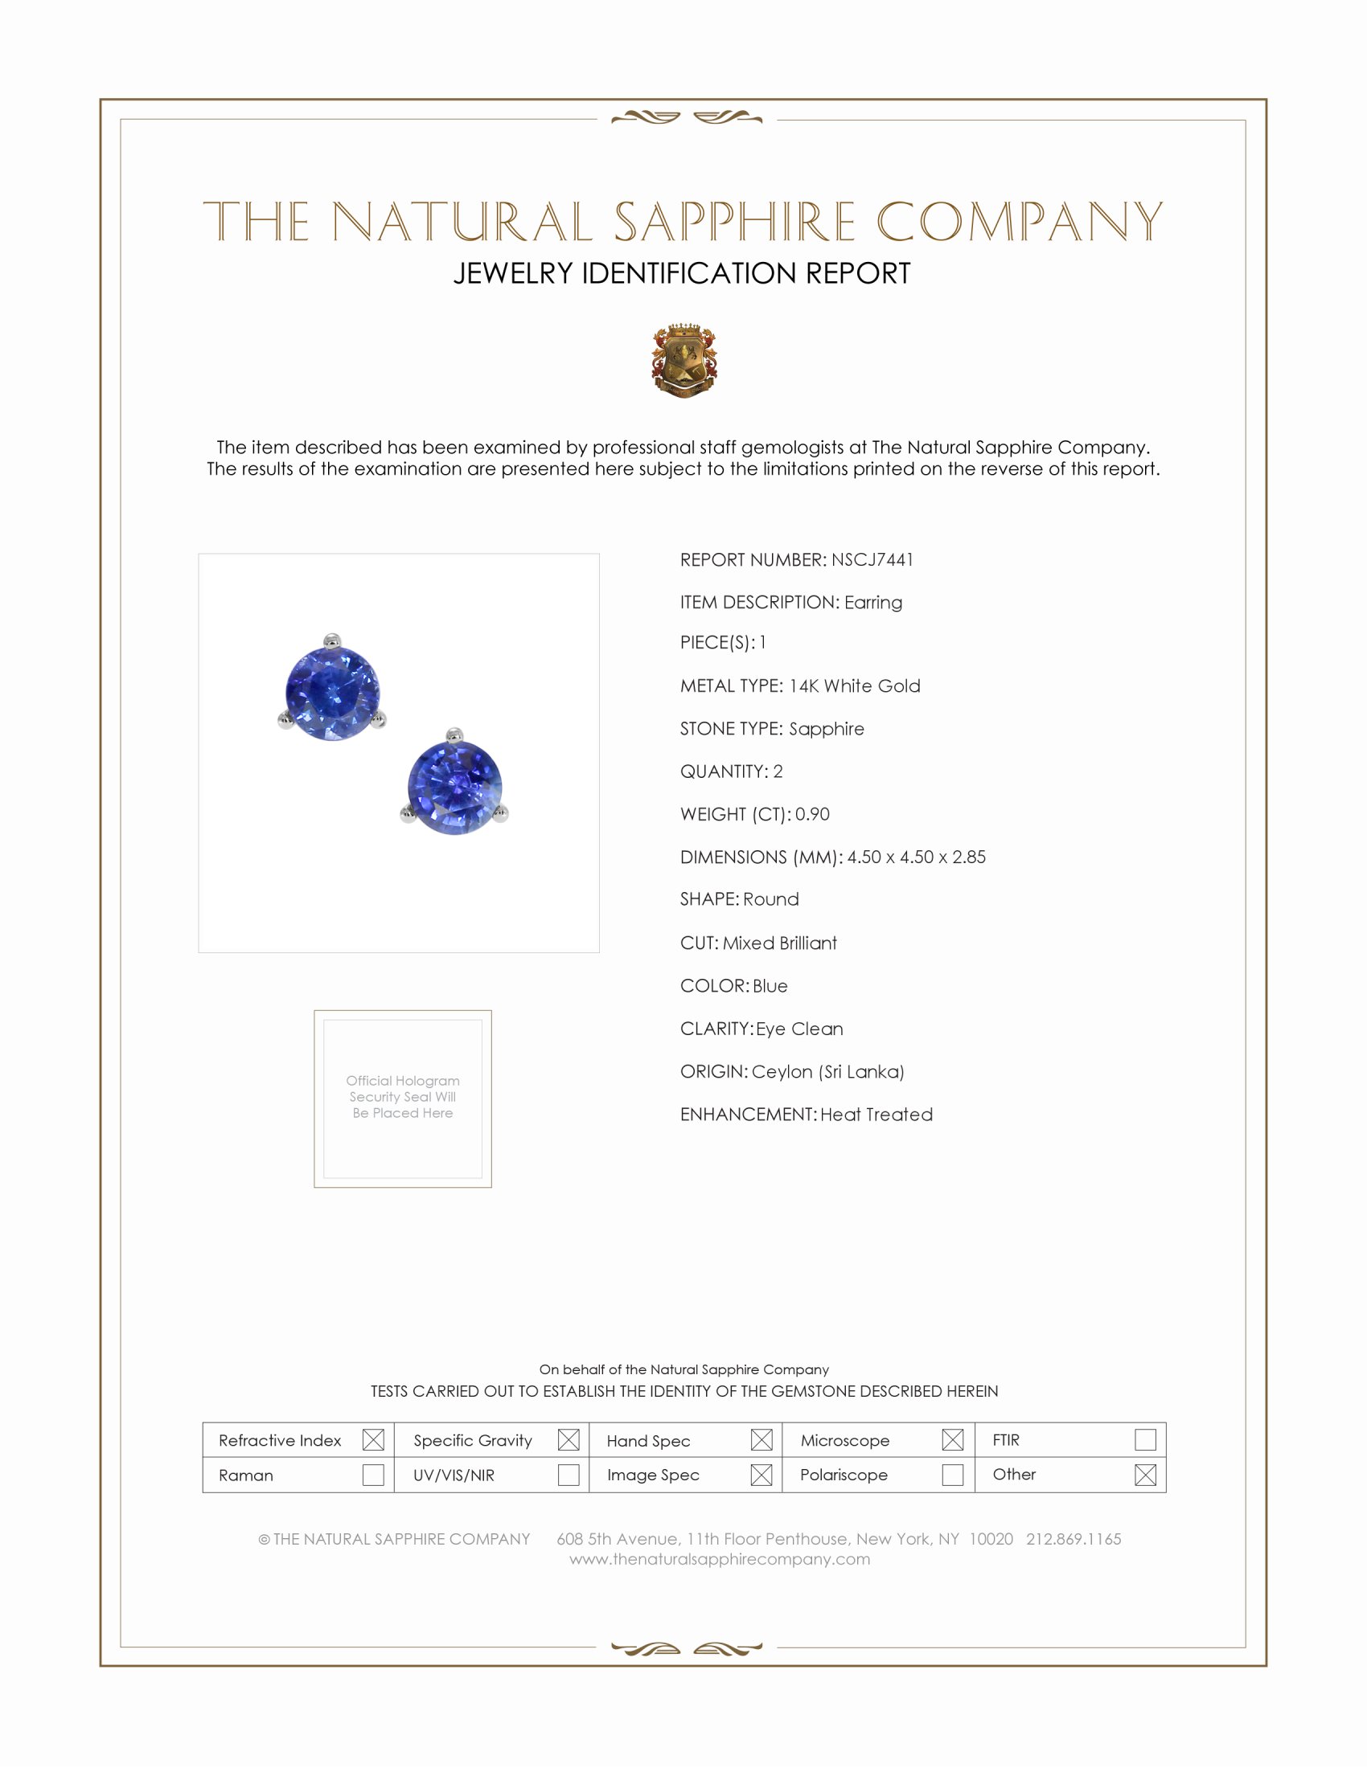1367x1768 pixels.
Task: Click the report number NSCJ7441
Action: pyautogui.click(x=872, y=559)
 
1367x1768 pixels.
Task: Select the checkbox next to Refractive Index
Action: pyautogui.click(x=372, y=1439)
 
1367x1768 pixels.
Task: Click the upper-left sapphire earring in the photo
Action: pyautogui.click(x=332, y=690)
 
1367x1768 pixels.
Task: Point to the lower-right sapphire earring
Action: pyautogui.click(x=454, y=784)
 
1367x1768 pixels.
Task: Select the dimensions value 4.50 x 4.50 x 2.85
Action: pyautogui.click(x=916, y=857)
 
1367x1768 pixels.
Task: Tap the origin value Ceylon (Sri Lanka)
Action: pyautogui.click(x=827, y=1071)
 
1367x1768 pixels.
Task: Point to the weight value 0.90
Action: pyautogui.click(x=812, y=813)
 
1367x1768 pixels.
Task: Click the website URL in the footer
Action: pyautogui.click(x=719, y=1559)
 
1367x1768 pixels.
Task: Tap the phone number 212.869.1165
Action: pyautogui.click(x=1073, y=1539)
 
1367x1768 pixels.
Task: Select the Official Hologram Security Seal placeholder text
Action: pyautogui.click(x=403, y=1096)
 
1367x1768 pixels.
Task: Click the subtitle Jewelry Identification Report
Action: pyautogui.click(x=682, y=273)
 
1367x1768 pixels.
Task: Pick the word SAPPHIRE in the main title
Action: pyautogui.click(x=733, y=222)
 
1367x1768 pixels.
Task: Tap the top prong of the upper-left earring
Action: pyautogui.click(x=330, y=640)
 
